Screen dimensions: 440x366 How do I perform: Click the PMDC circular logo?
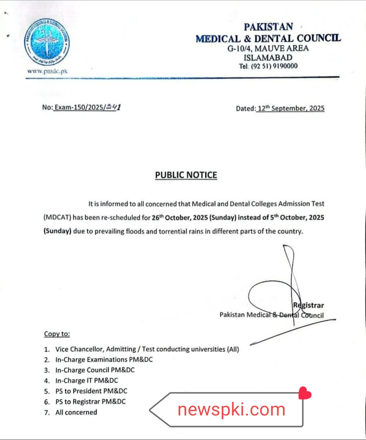click(47, 42)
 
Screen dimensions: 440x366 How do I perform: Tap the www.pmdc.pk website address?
click(47, 71)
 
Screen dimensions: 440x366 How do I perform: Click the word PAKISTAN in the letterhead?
click(268, 27)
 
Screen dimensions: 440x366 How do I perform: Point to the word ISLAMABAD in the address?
click(268, 57)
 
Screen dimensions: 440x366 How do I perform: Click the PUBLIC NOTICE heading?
click(186, 175)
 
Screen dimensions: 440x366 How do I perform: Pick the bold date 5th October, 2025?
click(297, 217)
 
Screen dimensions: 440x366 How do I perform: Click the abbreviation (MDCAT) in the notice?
click(57, 217)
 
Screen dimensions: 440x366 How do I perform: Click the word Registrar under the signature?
click(308, 305)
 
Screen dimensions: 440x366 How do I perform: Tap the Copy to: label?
click(57, 334)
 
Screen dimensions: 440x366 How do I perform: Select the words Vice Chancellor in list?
click(79, 349)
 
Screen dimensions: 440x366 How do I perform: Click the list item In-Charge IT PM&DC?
click(87, 380)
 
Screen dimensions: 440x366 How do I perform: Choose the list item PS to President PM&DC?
click(91, 391)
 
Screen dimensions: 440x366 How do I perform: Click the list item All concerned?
click(76, 412)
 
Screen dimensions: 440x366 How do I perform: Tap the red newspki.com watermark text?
click(231, 410)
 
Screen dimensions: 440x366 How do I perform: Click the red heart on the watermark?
click(305, 393)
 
